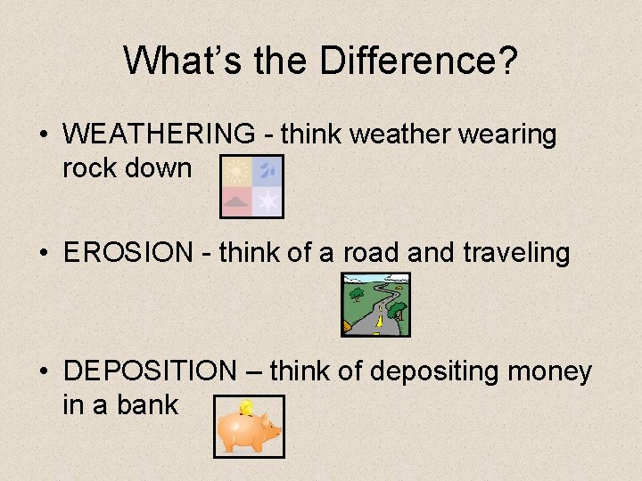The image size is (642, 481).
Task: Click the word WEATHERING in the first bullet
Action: point(159,135)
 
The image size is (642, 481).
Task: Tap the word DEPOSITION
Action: point(148,371)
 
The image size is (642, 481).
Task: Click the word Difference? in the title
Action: point(418,61)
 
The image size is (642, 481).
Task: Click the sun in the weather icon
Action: point(237,170)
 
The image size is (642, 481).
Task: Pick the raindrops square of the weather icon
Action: point(267,170)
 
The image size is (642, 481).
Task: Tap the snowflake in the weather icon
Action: point(267,201)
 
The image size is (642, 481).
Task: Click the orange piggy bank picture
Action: point(249,428)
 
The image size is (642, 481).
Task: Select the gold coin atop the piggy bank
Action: point(246,408)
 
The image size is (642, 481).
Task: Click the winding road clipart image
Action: point(376,305)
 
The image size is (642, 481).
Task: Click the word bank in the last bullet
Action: point(147,405)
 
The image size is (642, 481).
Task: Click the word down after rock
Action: point(160,167)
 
